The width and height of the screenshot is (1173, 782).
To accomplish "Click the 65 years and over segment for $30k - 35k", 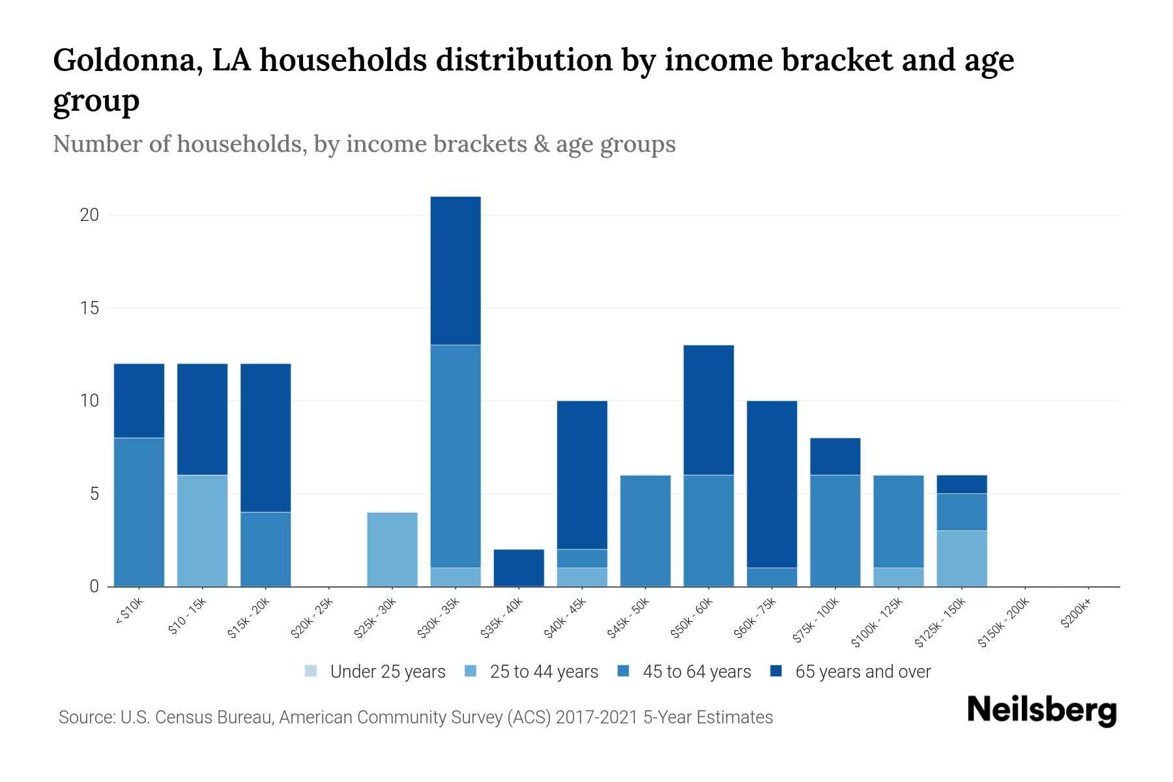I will [x=456, y=270].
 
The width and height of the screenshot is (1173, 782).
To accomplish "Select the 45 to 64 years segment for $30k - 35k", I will [x=456, y=456].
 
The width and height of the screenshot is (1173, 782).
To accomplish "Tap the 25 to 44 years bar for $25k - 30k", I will [x=392, y=549].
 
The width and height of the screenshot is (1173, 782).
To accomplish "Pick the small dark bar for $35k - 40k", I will [x=519, y=568].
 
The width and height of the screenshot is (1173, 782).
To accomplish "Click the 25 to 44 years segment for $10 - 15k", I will [x=203, y=530].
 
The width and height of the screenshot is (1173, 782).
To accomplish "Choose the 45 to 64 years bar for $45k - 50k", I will [x=645, y=530].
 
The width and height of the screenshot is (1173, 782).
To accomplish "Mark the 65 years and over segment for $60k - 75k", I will [x=772, y=484].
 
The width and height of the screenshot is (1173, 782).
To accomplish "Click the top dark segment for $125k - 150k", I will [x=961, y=484].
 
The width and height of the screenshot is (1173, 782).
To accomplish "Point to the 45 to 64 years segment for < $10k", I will [x=139, y=512].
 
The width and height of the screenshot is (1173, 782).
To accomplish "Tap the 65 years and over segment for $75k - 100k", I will [x=835, y=456].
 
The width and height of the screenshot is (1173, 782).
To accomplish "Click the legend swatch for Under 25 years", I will [x=311, y=671].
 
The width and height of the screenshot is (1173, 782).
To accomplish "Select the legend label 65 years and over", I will [x=863, y=671].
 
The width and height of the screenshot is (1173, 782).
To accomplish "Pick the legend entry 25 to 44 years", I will [x=543, y=671].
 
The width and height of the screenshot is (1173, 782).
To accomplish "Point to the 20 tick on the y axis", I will [x=89, y=215].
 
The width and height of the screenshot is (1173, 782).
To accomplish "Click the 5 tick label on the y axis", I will [x=94, y=494].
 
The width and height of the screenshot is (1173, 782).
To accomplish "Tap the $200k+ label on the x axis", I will [x=1076, y=615].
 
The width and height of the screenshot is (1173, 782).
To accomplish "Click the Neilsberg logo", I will [x=1042, y=710].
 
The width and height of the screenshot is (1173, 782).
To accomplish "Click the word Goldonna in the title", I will [x=123, y=61].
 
